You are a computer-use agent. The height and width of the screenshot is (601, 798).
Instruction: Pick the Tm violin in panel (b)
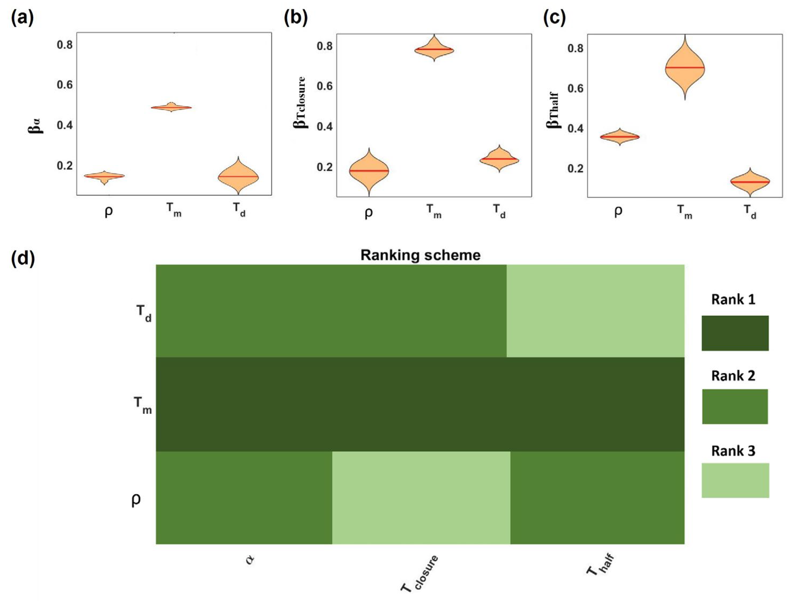tap(434, 50)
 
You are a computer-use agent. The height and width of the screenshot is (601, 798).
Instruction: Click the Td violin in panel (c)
tap(750, 182)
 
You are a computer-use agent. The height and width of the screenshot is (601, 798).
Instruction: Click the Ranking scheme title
tap(420, 255)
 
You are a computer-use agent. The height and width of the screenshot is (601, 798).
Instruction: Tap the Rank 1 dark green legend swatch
tap(735, 333)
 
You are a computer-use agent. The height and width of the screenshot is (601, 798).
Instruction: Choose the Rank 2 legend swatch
tap(735, 406)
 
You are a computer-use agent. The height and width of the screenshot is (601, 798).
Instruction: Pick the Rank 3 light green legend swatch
tap(735, 480)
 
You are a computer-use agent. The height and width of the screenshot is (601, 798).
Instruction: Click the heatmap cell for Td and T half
tap(595, 311)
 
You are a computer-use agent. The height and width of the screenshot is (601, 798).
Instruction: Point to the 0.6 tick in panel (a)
tap(65, 85)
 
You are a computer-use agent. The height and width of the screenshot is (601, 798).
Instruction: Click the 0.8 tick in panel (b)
tap(325, 46)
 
